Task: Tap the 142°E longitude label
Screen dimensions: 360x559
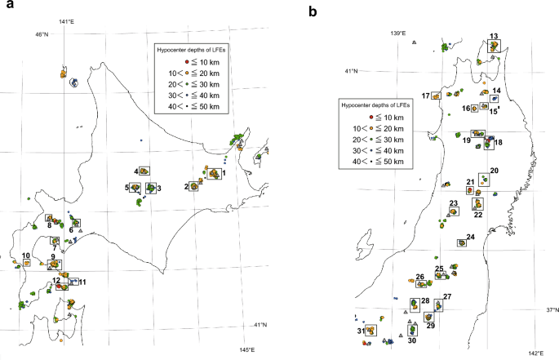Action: point(533,353)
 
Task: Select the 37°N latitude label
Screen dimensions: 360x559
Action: point(552,310)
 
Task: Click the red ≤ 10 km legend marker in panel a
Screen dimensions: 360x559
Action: point(186,62)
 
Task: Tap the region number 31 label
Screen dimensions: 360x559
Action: point(361,331)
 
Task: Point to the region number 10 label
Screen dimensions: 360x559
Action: point(26,256)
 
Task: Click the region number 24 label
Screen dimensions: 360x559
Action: point(470,238)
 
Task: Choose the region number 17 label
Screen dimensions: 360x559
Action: point(425,96)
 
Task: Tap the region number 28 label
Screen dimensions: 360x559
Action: point(425,301)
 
